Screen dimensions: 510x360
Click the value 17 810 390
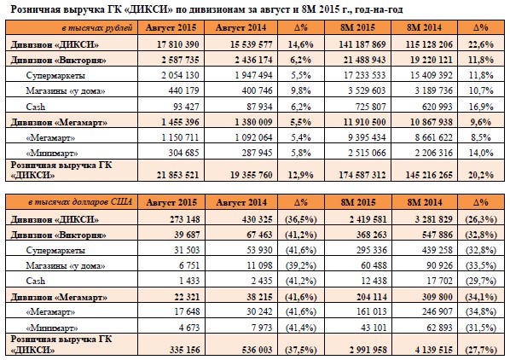point(178,44)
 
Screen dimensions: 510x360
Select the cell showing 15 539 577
point(251,44)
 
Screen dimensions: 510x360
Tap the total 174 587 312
point(362,175)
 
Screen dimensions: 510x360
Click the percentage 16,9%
point(481,107)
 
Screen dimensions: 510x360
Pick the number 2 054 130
point(180,75)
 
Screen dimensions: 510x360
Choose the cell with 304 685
point(183,153)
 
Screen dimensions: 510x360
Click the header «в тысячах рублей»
point(97,28)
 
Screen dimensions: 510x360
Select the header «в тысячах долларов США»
point(80,202)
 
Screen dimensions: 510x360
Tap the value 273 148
point(185,219)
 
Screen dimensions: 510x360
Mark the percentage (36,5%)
point(301,219)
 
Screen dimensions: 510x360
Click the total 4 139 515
point(433,350)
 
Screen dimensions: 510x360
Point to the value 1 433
point(189,281)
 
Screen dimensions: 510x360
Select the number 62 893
point(439,328)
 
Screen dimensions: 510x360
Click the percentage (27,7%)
point(481,350)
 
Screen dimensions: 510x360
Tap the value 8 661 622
point(433,137)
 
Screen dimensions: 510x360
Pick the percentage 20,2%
point(481,175)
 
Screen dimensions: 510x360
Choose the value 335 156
point(185,350)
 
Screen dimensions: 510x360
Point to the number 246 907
point(438,312)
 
